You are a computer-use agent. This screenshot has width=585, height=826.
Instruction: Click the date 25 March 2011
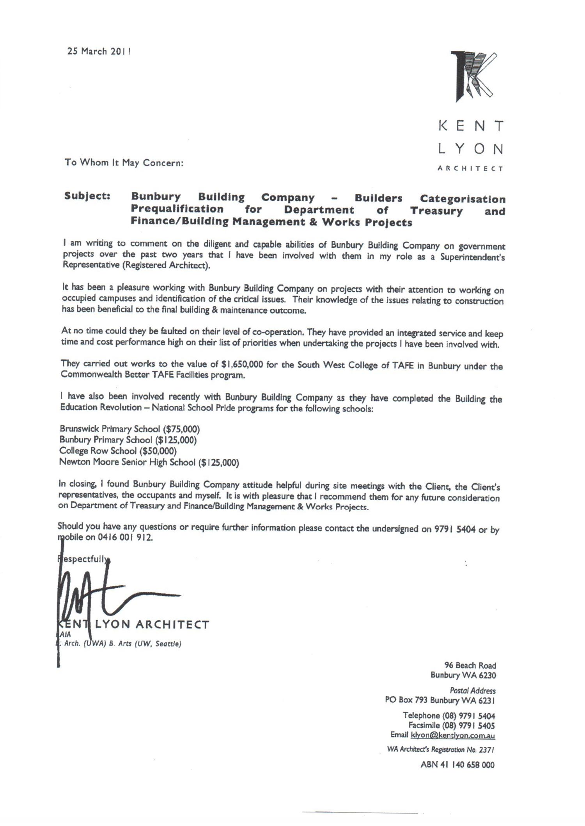[x=99, y=51]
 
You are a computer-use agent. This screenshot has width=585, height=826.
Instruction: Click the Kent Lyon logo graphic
[x=473, y=76]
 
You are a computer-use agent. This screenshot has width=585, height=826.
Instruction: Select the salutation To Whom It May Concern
[x=124, y=163]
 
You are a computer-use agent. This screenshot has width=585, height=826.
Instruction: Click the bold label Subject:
[x=87, y=196]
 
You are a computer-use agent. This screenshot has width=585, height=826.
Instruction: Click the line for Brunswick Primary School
[x=129, y=429]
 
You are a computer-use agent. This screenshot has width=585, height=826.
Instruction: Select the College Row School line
[x=118, y=451]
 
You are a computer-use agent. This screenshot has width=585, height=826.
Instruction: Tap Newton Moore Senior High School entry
[x=149, y=463]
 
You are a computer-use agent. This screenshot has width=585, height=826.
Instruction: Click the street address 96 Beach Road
[x=470, y=665]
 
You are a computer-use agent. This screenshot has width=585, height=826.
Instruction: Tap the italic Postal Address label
[x=473, y=691]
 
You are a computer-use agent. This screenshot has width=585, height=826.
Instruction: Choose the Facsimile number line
[x=452, y=725]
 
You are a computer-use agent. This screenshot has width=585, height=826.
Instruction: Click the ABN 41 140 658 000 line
[x=457, y=765]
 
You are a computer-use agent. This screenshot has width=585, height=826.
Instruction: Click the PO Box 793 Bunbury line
[x=440, y=700]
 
